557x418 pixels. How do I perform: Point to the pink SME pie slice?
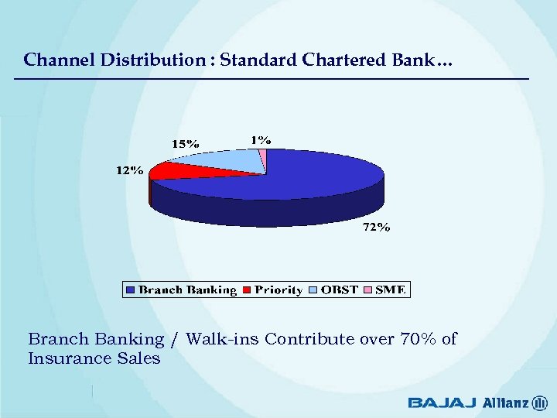click(262, 159)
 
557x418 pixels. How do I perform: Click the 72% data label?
click(377, 228)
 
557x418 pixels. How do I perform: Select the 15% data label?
click(185, 143)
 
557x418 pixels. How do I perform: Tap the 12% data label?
click(129, 170)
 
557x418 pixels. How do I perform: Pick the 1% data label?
click(260, 139)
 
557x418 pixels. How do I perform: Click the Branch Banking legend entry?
click(186, 290)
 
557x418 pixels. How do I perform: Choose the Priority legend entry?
click(277, 290)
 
